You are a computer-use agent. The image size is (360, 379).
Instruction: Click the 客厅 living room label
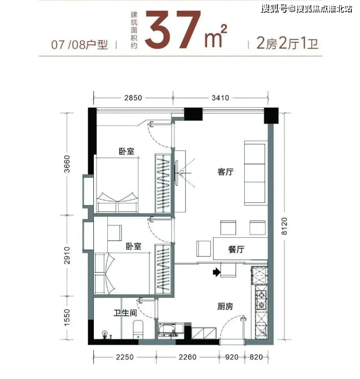[225, 172]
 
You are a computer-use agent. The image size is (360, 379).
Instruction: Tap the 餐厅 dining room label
[236, 249]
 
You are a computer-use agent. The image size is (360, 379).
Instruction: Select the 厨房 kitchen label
[225, 307]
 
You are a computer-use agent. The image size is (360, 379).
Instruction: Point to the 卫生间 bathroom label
[125, 313]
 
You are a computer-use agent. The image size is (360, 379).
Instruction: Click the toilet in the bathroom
[138, 330]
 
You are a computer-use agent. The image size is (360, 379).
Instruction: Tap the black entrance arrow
[217, 272]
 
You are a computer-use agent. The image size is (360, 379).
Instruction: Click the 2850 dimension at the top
[133, 98]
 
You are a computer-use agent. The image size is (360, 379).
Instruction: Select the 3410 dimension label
[220, 98]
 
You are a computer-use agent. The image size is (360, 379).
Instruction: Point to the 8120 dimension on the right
[284, 226]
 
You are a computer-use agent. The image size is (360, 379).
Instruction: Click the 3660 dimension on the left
[67, 164]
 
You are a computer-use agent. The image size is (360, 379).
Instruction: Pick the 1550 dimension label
[67, 317]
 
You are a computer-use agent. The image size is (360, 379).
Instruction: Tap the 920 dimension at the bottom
[232, 357]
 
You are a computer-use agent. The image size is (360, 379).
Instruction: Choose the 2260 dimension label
[187, 357]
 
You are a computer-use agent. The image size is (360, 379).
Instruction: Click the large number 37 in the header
[173, 29]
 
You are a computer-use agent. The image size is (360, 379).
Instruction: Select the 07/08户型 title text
[79, 45]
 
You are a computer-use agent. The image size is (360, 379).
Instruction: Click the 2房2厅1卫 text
[287, 43]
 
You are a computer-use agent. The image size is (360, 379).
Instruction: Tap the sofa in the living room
[256, 173]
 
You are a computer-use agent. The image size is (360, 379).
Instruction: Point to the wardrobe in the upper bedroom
[163, 183]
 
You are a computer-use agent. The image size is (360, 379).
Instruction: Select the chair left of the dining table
[203, 249]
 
